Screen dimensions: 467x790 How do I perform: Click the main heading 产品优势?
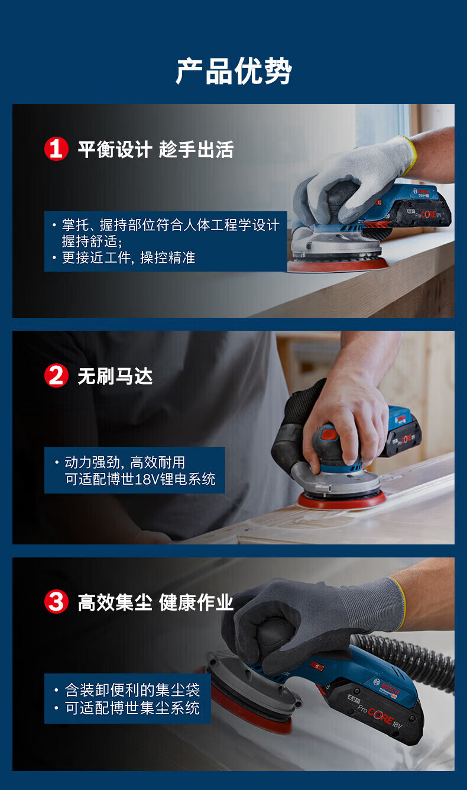point(234,72)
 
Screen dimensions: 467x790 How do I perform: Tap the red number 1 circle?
point(56,149)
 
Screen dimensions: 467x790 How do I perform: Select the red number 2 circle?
point(56,376)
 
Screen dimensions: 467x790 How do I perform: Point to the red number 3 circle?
point(56,602)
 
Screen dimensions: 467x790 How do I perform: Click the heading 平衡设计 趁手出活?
point(155,149)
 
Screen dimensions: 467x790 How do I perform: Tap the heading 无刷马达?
point(115,376)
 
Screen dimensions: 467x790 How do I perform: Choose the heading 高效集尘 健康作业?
point(155,602)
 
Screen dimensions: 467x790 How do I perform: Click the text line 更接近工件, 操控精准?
point(128,258)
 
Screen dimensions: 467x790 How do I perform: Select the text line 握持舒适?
point(92,241)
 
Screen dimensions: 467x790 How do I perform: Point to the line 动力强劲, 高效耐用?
point(125,462)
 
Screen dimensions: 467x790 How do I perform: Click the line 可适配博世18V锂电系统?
point(140,479)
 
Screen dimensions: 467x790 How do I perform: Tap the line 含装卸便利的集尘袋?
point(132,690)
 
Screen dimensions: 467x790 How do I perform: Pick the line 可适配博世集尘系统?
point(132,708)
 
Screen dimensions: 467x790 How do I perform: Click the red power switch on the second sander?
point(330,433)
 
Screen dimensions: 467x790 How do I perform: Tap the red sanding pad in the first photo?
point(338,265)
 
